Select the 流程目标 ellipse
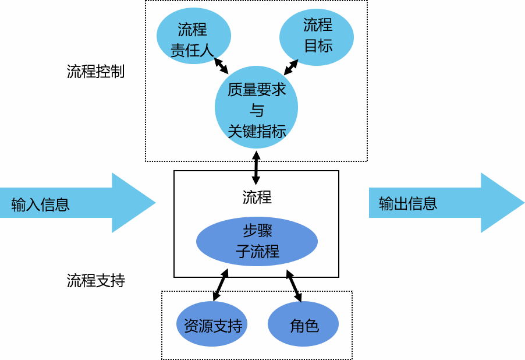pos(317,36)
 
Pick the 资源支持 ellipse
pos(212,324)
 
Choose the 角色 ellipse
pos(303,324)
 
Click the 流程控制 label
pos(95,72)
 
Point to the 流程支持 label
pos(95,281)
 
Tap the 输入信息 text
pos(40,204)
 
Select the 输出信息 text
pos(407,203)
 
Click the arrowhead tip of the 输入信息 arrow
pos(154,203)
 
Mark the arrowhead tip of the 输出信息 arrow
pos(523,203)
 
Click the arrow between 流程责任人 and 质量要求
pos(221,65)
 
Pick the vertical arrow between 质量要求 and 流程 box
pos(256,167)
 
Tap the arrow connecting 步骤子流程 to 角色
pos(293,285)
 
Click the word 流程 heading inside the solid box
pos(257,197)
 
